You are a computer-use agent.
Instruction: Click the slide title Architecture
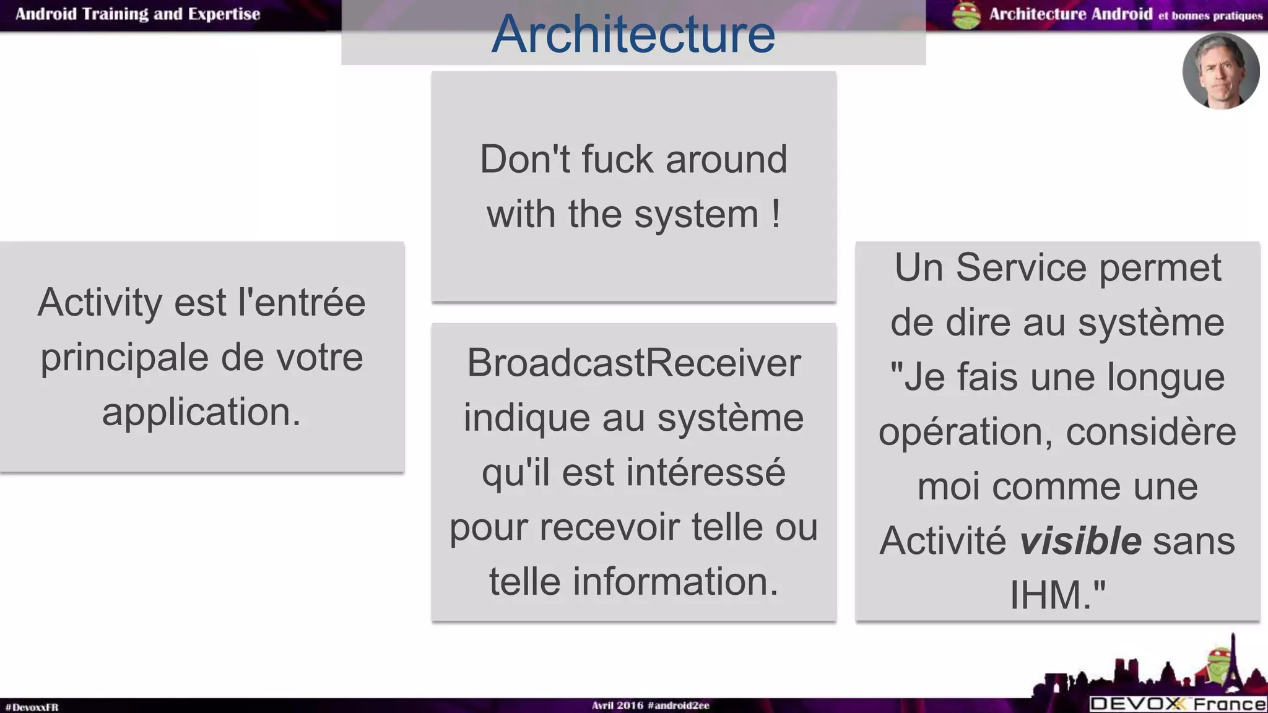633,34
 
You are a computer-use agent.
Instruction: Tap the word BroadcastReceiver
633,363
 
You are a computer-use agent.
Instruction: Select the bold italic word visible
1080,540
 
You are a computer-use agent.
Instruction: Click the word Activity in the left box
101,303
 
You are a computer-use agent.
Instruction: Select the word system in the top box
696,214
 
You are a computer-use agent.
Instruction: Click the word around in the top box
726,159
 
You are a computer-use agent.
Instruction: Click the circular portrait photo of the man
1220,71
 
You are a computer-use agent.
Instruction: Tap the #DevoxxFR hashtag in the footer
32,707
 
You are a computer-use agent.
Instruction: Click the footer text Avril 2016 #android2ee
650,706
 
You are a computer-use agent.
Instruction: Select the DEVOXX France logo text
1178,704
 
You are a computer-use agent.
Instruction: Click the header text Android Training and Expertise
137,14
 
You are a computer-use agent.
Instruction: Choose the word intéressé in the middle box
706,472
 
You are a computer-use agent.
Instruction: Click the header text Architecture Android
1070,14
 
